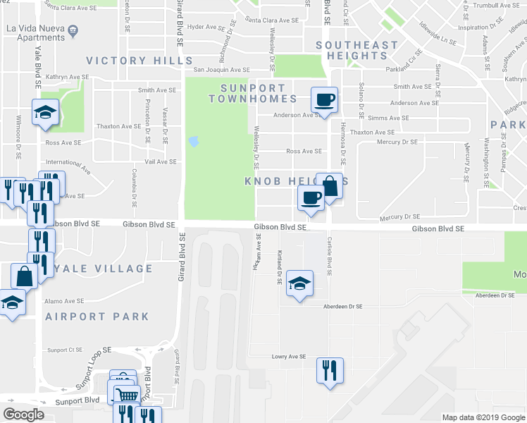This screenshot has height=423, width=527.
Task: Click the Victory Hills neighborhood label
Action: click(x=133, y=61)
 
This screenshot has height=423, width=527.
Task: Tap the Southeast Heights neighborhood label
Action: click(x=356, y=50)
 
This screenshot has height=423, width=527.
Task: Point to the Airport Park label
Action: click(x=97, y=317)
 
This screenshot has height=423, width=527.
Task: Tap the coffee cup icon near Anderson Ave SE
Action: click(x=324, y=100)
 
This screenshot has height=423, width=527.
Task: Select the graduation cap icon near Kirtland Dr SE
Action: click(x=300, y=285)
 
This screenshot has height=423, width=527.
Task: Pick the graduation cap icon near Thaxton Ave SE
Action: click(x=45, y=114)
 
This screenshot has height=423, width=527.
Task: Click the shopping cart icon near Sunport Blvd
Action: click(x=126, y=396)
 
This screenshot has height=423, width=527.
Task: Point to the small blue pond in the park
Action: click(x=193, y=142)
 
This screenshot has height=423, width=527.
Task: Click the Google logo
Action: click(x=23, y=415)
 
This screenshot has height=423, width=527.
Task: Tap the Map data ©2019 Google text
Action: click(x=483, y=417)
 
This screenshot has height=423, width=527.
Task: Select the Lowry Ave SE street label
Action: click(x=289, y=357)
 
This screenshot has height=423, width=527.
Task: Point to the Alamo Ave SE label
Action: click(x=64, y=301)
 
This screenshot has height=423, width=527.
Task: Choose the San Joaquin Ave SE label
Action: click(x=222, y=70)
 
